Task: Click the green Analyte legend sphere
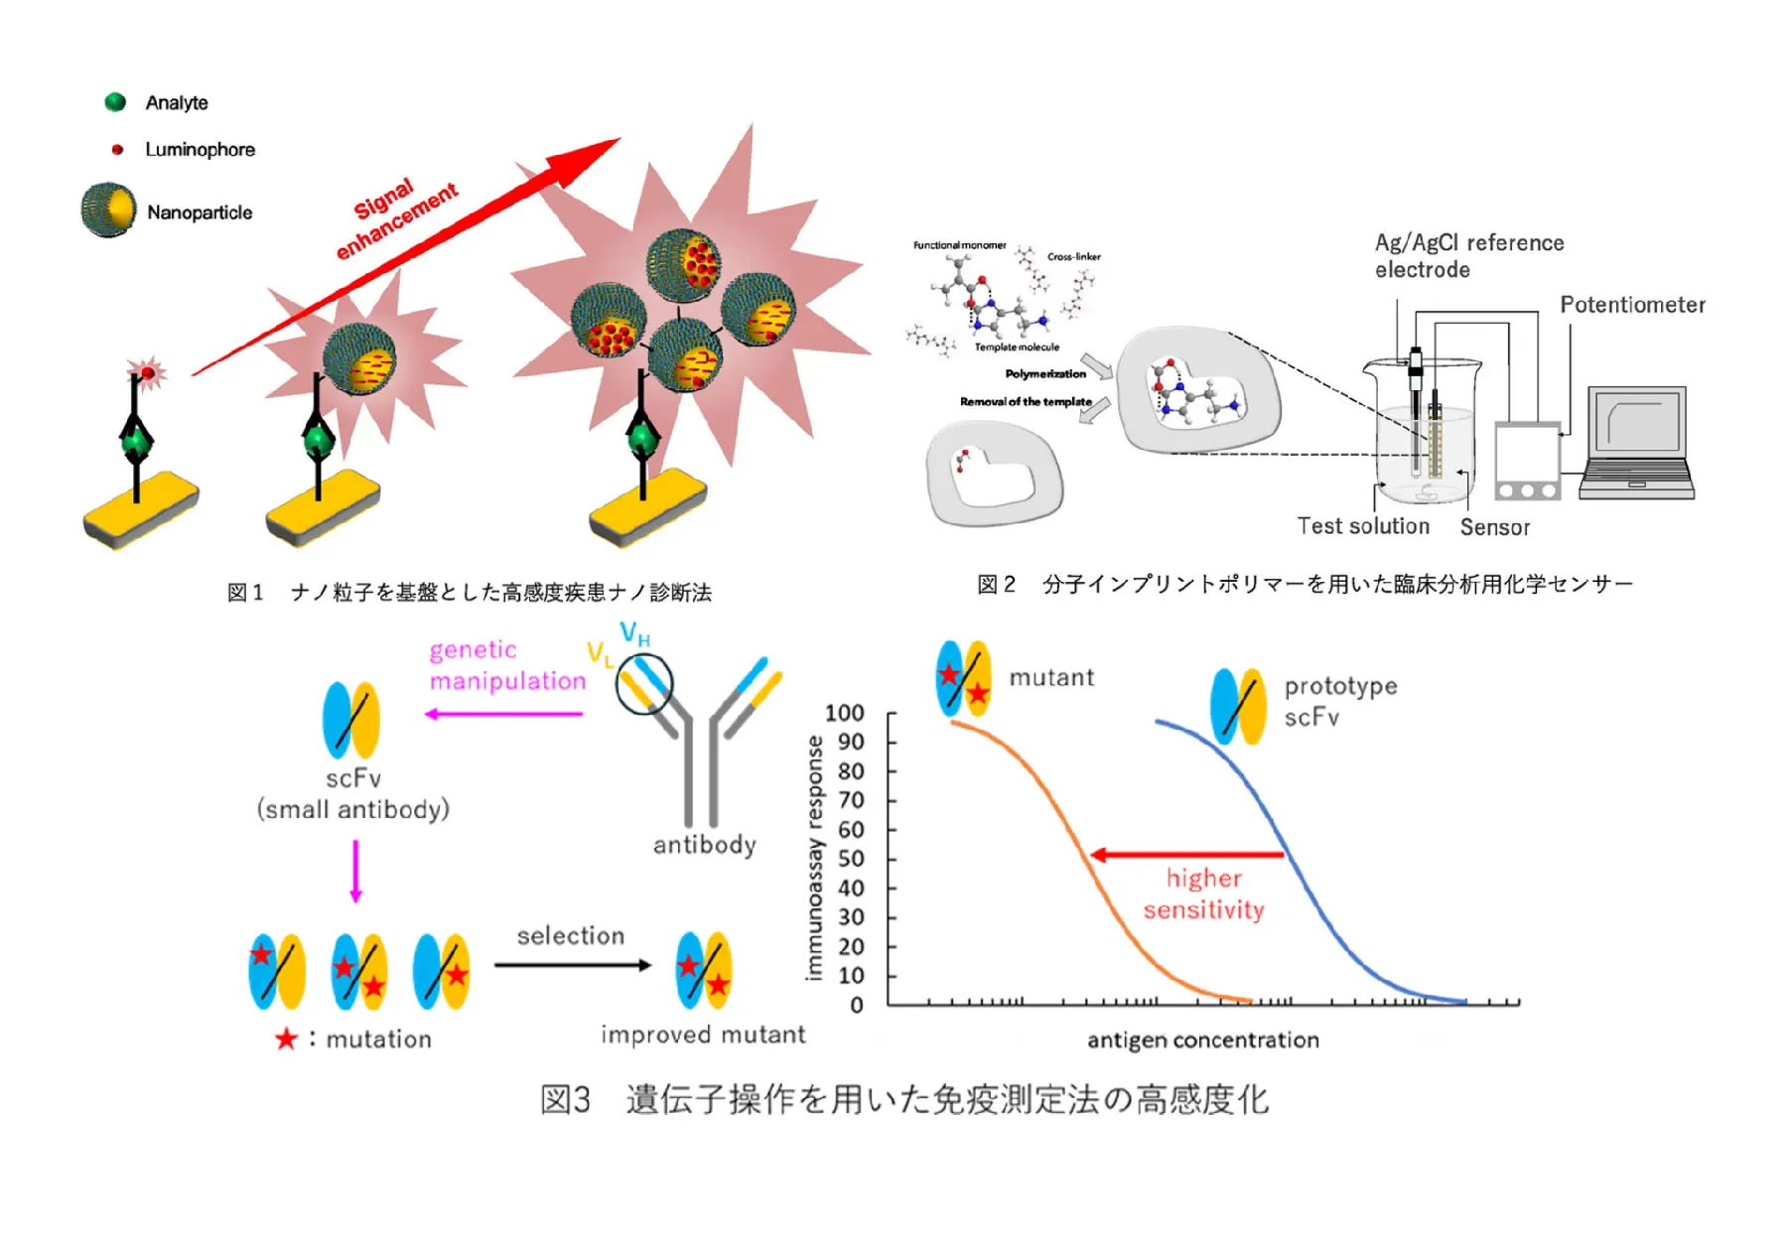pos(115,102)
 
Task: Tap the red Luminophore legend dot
pos(117,150)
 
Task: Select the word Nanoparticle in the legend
pos(200,212)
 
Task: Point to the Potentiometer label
pos(1631,305)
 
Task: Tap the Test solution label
pos(1362,526)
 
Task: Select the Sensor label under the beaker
pos(1494,527)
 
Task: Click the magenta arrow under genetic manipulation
pos(503,714)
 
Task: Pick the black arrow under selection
pos(573,965)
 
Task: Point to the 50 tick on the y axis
pos(851,859)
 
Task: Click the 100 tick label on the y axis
pos(844,713)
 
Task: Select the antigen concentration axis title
pos(1202,1040)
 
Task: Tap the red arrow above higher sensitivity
pos(1186,855)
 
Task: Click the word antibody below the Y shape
pos(704,845)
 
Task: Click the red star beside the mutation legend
pos(286,1040)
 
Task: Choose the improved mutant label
pos(703,1035)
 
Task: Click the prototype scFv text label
pos(1339,701)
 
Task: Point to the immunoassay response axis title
pos(814,858)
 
